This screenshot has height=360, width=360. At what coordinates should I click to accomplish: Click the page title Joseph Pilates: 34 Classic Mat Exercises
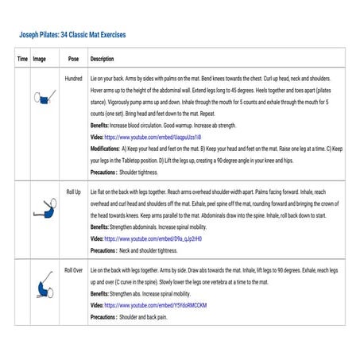[72, 36]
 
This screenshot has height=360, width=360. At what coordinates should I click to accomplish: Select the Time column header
[22, 60]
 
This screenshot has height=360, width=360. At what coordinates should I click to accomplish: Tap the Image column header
[39, 60]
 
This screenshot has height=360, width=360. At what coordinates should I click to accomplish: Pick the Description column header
[103, 60]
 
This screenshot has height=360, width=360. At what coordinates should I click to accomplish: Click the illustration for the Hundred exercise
[45, 99]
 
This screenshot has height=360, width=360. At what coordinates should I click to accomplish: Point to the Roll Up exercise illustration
[44, 210]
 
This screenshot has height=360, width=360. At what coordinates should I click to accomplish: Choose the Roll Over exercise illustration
[44, 290]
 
